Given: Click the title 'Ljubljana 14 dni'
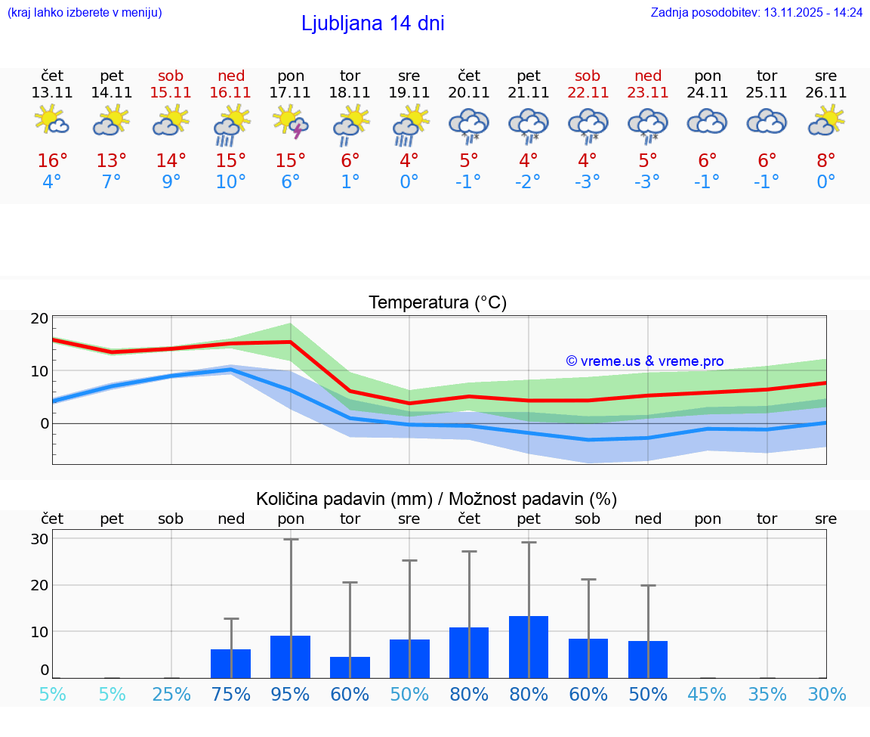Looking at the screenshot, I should click(372, 23).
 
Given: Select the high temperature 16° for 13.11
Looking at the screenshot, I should click(52, 161).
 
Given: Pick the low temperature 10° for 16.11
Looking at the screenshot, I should click(231, 182).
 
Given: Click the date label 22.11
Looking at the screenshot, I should click(588, 93).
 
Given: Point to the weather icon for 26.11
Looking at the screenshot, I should click(826, 121).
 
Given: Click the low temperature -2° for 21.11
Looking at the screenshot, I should click(528, 182).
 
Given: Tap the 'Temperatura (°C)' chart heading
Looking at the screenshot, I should click(437, 303).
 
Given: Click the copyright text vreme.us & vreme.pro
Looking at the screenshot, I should click(645, 361).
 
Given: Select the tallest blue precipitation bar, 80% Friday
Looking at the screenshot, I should click(529, 647).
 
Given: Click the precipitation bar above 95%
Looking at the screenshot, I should click(290, 657).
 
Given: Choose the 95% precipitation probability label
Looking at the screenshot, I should click(291, 695).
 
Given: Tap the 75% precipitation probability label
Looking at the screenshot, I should click(231, 695).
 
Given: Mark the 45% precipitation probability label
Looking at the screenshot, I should click(708, 695).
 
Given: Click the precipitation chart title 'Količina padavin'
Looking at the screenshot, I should click(437, 499).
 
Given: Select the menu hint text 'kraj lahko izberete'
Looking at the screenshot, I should click(84, 13).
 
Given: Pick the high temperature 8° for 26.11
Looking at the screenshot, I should click(826, 161).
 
